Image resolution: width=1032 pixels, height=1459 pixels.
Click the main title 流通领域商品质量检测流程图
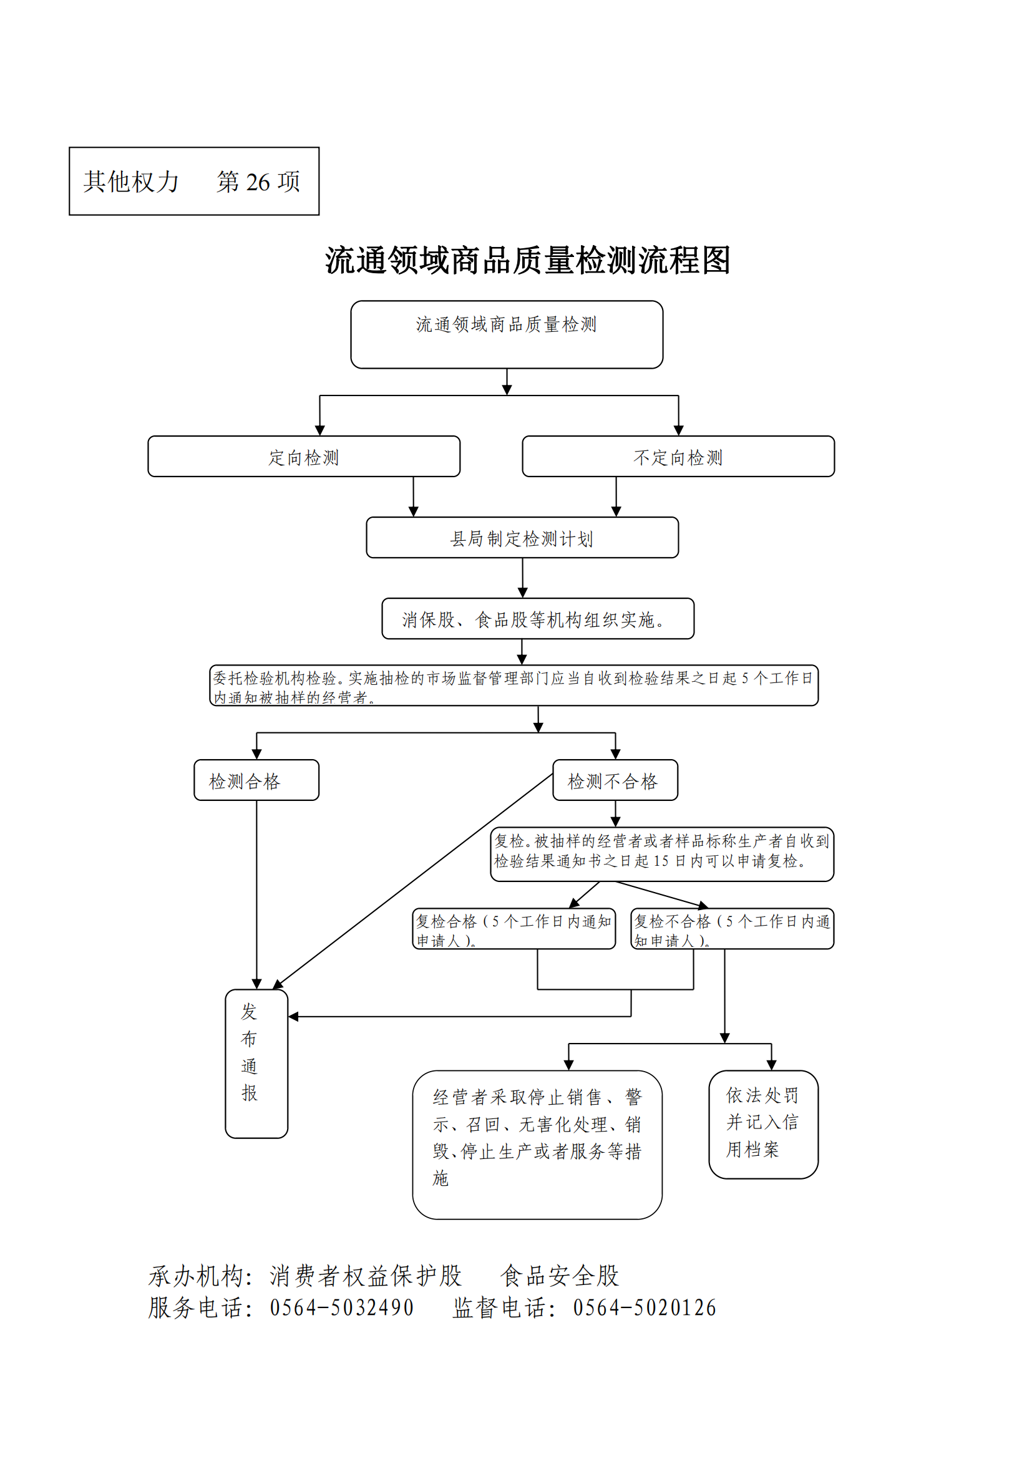[x=527, y=261]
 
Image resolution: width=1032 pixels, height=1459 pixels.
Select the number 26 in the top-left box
[x=258, y=182]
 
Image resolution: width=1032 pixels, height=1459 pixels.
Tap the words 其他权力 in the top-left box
[x=132, y=182]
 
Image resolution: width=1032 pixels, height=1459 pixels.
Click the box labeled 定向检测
[x=304, y=456]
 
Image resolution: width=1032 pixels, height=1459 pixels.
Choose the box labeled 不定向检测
[x=678, y=456]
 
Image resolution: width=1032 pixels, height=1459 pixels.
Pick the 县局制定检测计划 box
[x=522, y=538]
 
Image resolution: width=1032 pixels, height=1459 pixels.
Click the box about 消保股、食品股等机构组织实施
[x=538, y=618]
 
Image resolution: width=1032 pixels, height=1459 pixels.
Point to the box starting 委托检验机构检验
[x=514, y=686]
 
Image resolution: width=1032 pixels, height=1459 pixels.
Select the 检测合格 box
[x=256, y=780]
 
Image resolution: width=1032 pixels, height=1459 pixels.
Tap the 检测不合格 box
[x=615, y=780]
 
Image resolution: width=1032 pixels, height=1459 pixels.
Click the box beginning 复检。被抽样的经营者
[x=662, y=854]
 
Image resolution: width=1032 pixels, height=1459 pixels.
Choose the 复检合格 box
[x=514, y=929]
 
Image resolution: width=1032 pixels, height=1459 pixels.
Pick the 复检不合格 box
[x=732, y=929]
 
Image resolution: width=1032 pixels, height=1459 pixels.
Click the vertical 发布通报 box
[x=256, y=1064]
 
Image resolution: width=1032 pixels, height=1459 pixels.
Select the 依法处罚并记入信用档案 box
[x=763, y=1125]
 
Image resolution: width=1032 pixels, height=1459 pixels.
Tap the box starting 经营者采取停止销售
[x=537, y=1145]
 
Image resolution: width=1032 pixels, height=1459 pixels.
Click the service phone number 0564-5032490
[x=341, y=1308]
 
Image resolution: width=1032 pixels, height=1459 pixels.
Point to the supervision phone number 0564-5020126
[x=645, y=1308]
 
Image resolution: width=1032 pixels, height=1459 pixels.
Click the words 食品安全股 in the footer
[x=559, y=1276]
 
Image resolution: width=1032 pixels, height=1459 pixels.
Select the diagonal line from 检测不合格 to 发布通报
[x=412, y=881]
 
